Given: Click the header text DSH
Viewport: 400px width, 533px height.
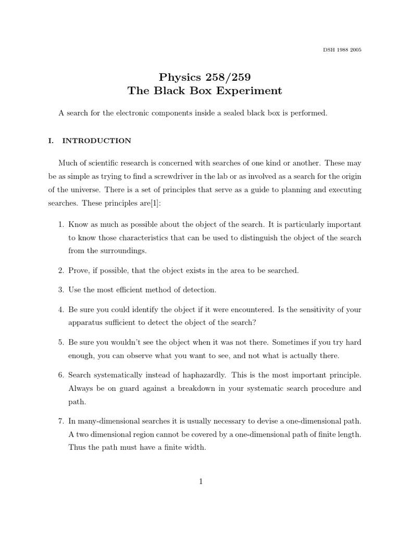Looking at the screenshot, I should pos(329,50).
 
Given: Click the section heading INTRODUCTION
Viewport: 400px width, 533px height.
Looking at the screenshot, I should pos(97,141).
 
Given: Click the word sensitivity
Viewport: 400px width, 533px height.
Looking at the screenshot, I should pos(304,309).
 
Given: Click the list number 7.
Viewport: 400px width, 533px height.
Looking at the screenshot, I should pos(60,421).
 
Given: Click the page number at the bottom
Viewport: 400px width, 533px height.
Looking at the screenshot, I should pos(200,482).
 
